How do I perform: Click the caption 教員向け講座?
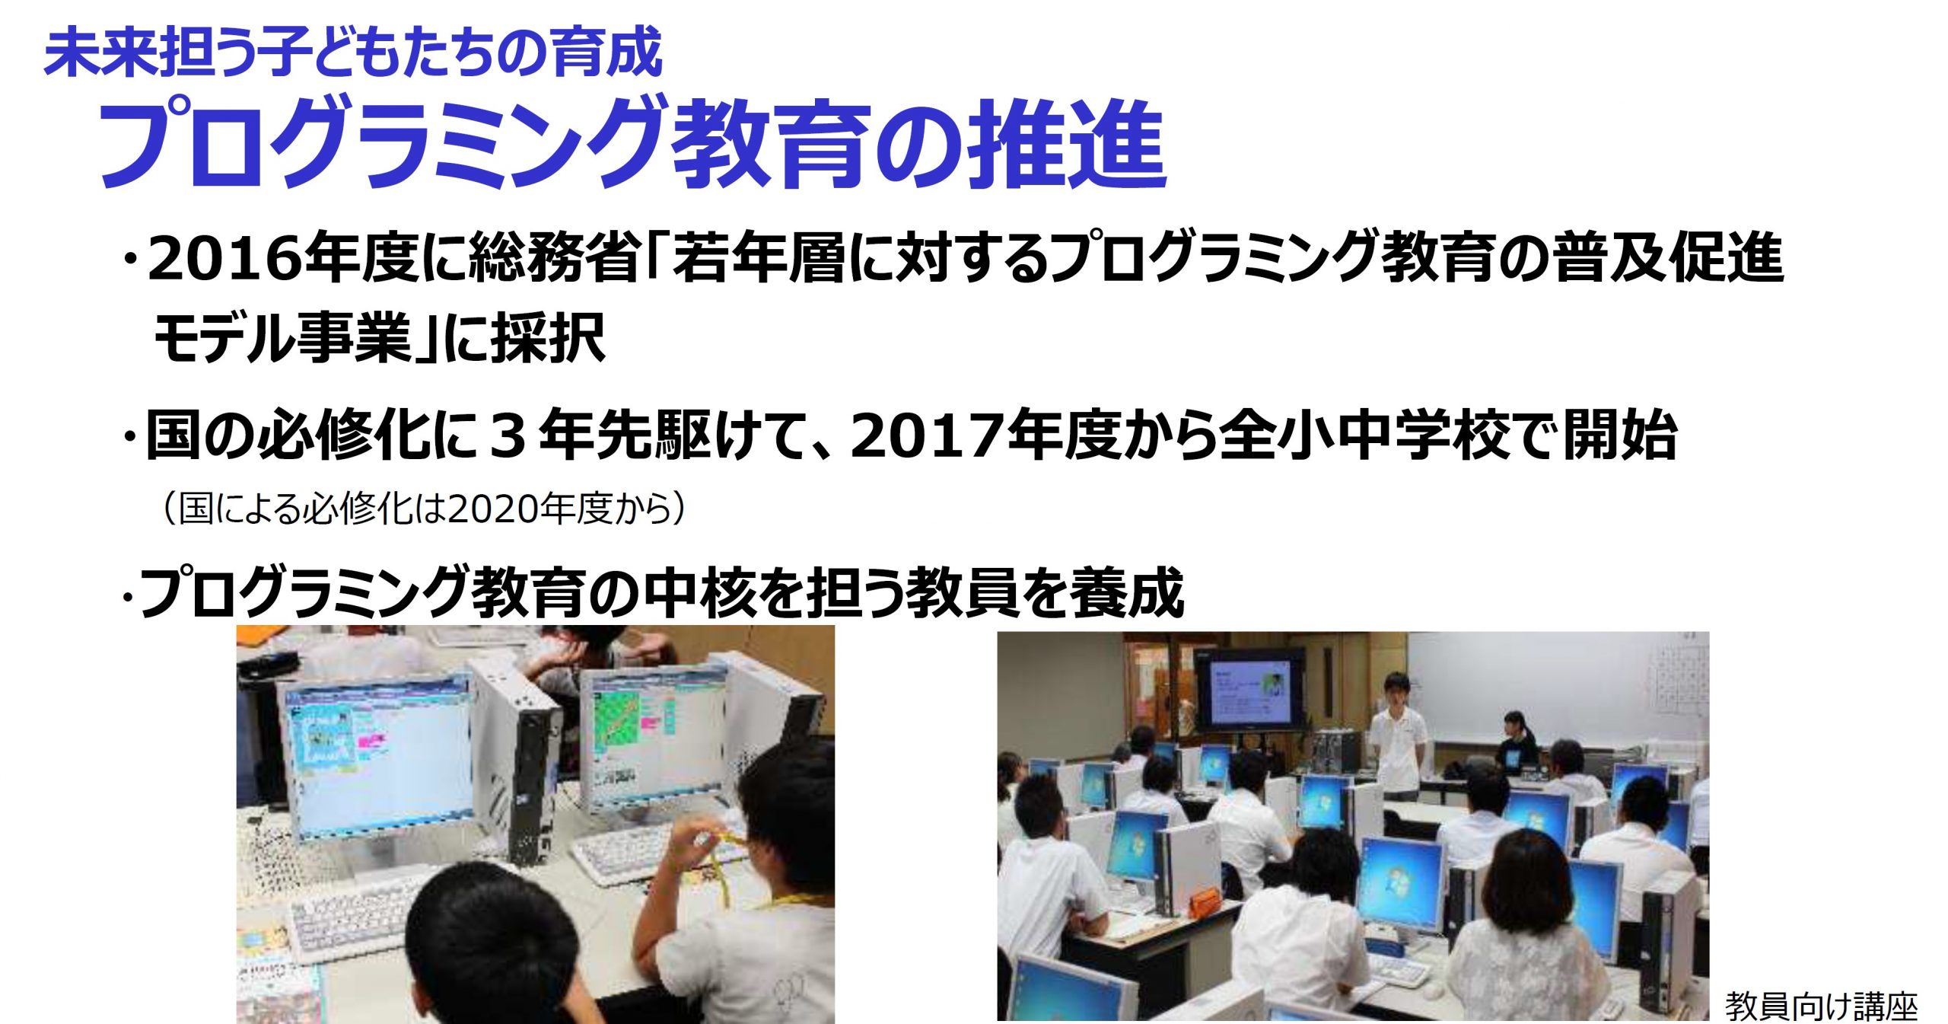click(1821, 1005)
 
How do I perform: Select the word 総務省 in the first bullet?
click(553, 259)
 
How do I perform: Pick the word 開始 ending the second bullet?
click(1620, 436)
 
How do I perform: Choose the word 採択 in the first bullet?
click(549, 337)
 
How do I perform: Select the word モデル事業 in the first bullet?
click(282, 337)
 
